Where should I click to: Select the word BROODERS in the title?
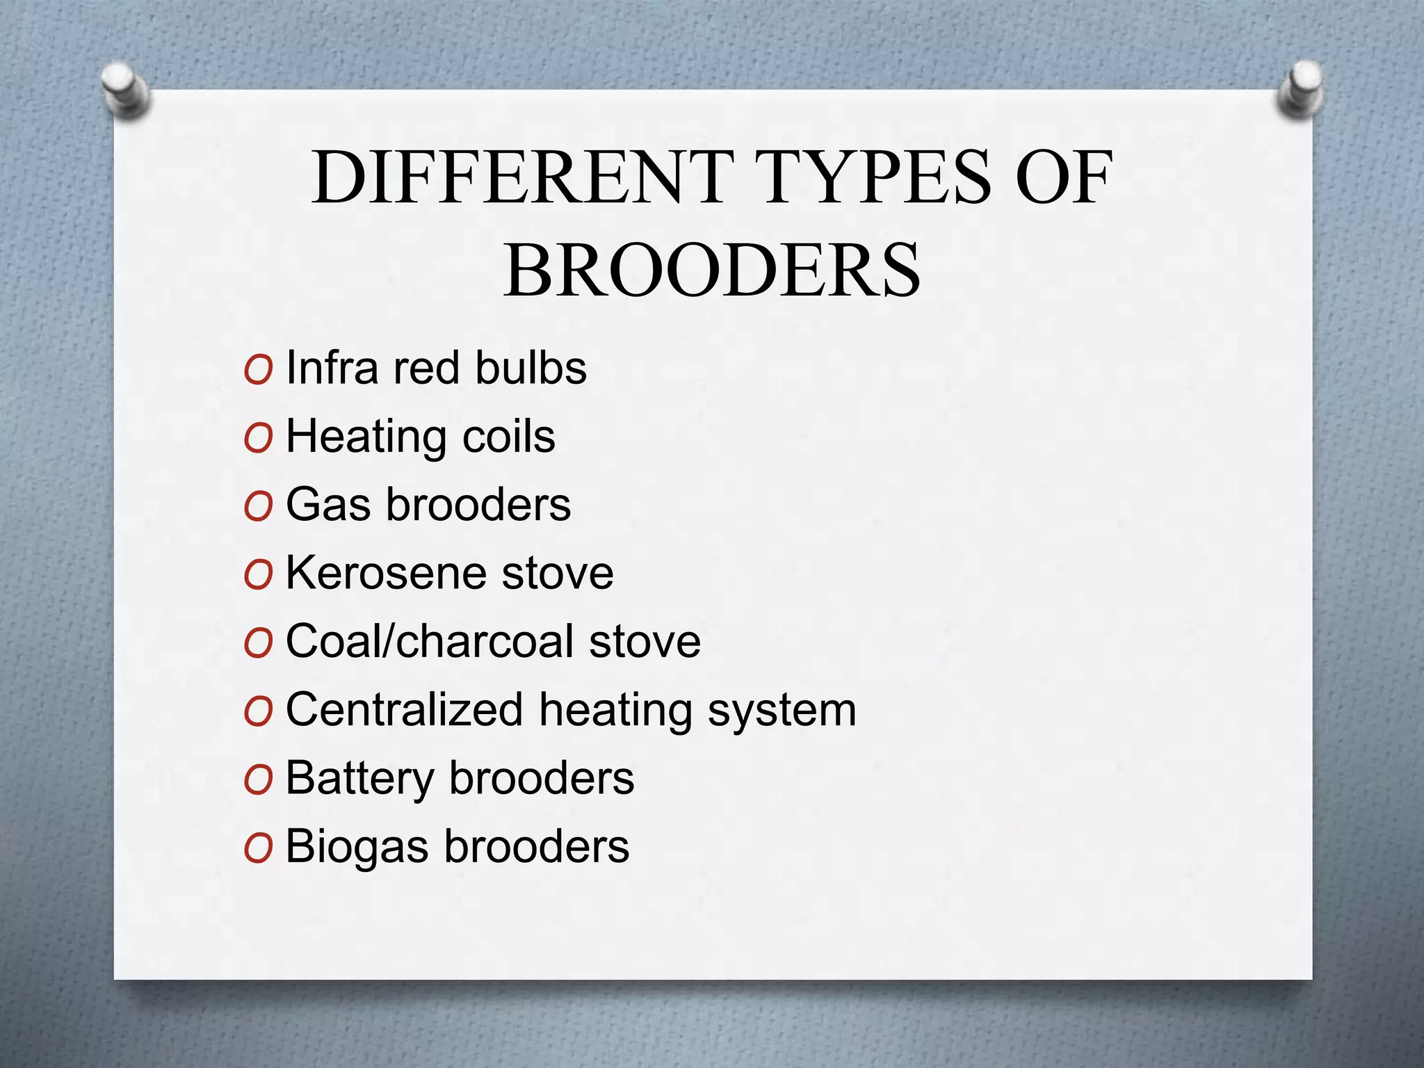coord(712,270)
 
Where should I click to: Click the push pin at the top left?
coord(125,90)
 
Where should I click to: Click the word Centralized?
coord(404,710)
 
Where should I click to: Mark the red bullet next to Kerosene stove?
coord(258,575)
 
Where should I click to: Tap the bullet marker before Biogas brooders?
coord(258,849)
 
